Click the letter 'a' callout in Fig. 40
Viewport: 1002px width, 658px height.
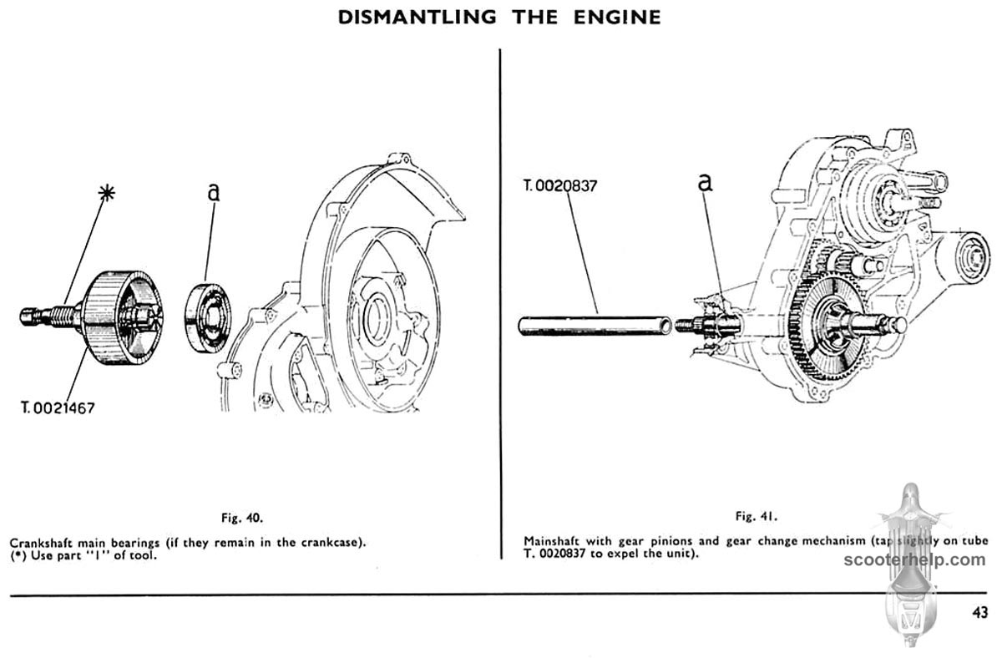214,193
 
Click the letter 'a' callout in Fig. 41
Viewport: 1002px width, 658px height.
706,182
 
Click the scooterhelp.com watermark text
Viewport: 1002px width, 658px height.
915,559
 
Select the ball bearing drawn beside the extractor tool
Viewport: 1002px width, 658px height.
208,318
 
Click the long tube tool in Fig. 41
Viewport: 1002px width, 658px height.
594,324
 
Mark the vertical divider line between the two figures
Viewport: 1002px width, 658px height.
499,301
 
